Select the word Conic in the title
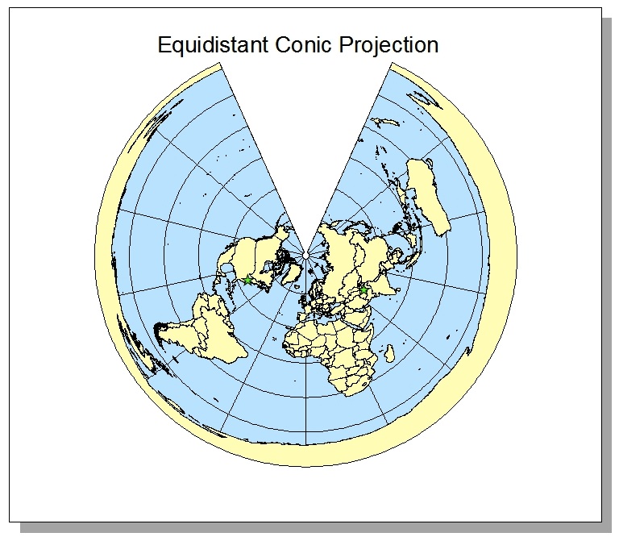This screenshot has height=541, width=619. [303, 44]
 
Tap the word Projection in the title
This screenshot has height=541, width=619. [390, 44]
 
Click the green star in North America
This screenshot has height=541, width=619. [248, 280]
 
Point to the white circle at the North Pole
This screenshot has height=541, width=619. [306, 256]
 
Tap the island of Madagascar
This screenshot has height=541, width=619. [390, 353]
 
